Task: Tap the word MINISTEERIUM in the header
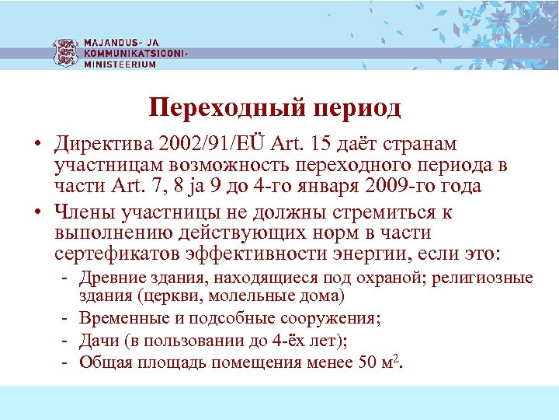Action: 120,65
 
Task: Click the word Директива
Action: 101,145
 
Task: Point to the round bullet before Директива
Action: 36,145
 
